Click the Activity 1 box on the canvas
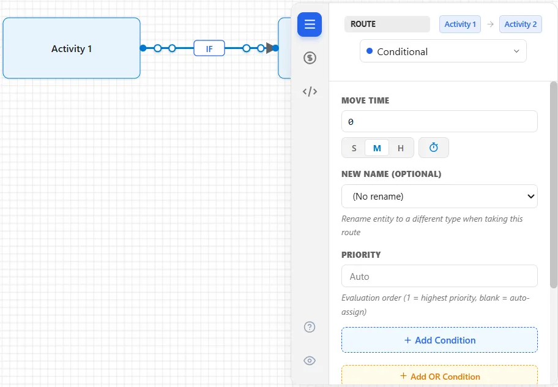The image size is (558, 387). tap(72, 48)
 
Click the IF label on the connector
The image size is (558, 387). tap(209, 48)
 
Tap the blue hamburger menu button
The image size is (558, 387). tap(310, 24)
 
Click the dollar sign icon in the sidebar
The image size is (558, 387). tap(310, 58)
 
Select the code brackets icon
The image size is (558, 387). tap(310, 91)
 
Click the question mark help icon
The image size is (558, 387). tap(310, 327)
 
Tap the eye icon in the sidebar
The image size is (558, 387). tap(310, 361)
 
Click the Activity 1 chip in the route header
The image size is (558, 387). tap(459, 24)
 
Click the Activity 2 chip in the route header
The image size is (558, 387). tap(520, 24)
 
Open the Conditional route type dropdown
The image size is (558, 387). tap(443, 51)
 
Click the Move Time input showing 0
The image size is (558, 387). tap(439, 121)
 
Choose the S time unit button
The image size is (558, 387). tap(354, 148)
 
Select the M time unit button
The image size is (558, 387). tap(377, 148)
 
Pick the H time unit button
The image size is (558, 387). tap(401, 148)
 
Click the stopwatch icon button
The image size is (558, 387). tap(433, 148)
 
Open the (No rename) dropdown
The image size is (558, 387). tap(439, 196)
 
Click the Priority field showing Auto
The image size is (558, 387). tap(439, 276)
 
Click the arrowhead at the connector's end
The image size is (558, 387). tap(270, 48)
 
